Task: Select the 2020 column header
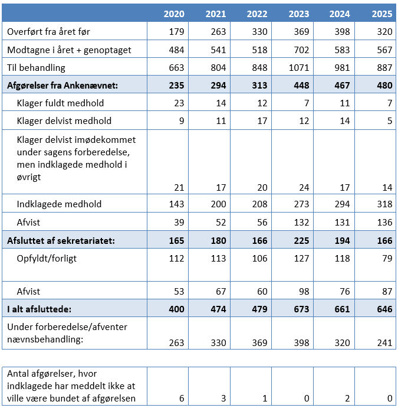[174, 14]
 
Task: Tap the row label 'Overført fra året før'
[48, 31]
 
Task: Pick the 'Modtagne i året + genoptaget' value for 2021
[216, 50]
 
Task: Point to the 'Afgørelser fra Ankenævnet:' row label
[63, 86]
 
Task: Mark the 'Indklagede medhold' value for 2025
[383, 204]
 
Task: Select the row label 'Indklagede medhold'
[60, 204]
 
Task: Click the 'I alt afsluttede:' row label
[40, 309]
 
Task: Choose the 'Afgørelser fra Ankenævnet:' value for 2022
[257, 86]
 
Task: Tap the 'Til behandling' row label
[36, 68]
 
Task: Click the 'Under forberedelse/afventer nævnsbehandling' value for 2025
[383, 342]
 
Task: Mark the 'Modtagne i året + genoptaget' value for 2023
[300, 50]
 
